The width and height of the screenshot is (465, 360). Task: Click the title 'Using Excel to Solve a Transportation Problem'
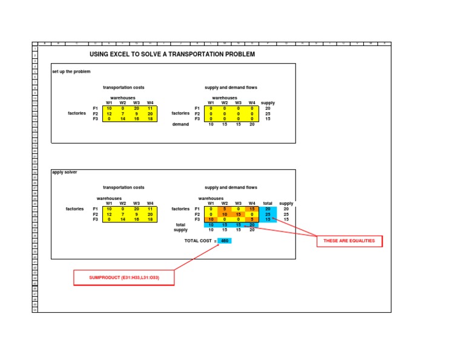point(173,54)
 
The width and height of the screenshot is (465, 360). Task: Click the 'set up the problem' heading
point(71,72)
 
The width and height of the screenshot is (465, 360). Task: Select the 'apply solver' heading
point(65,172)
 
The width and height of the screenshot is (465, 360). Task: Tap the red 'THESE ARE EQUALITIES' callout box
point(349,241)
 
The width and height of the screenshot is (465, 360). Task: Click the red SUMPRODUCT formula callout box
point(124,278)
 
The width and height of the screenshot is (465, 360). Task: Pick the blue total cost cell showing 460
point(224,241)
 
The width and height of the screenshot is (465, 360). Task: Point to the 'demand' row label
point(181,124)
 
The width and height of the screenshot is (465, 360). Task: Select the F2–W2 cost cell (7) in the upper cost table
point(123,113)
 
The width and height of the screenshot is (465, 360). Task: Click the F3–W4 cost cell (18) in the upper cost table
point(150,119)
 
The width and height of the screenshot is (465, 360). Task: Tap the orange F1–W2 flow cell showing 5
point(225,209)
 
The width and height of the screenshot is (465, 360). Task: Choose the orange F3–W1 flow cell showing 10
point(211,219)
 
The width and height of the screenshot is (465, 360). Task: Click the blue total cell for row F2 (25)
point(268,215)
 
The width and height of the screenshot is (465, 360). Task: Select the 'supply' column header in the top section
point(268,103)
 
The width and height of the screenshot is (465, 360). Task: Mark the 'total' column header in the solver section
point(268,204)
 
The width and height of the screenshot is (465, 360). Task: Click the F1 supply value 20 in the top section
point(268,108)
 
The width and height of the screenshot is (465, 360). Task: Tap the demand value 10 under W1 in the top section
point(211,124)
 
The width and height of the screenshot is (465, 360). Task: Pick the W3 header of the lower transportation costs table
point(136,204)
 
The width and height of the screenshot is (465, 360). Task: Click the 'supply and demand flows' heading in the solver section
point(231,188)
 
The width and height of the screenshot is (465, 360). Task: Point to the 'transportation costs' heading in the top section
point(124,87)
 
